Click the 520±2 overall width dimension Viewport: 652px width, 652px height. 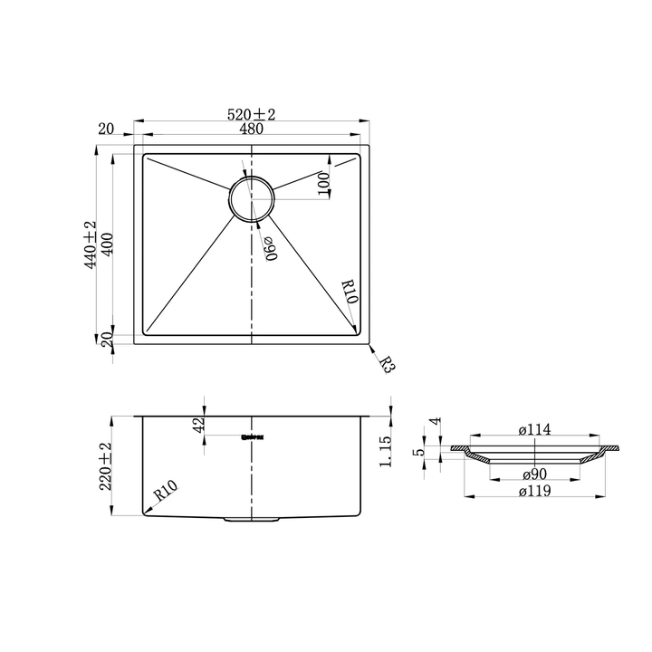(x=251, y=115)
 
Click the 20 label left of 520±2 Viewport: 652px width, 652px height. (x=106, y=129)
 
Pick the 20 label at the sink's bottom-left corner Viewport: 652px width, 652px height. (x=106, y=340)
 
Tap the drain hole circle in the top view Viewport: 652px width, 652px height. (x=250, y=198)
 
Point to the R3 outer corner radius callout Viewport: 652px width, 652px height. (x=387, y=365)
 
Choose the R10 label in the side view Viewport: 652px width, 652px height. (x=166, y=494)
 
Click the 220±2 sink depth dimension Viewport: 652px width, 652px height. (x=106, y=465)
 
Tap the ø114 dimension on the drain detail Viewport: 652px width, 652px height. (x=535, y=430)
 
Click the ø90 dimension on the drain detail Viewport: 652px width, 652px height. (x=535, y=475)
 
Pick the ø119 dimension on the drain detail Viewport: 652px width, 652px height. (x=535, y=492)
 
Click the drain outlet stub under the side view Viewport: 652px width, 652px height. (x=251, y=520)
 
